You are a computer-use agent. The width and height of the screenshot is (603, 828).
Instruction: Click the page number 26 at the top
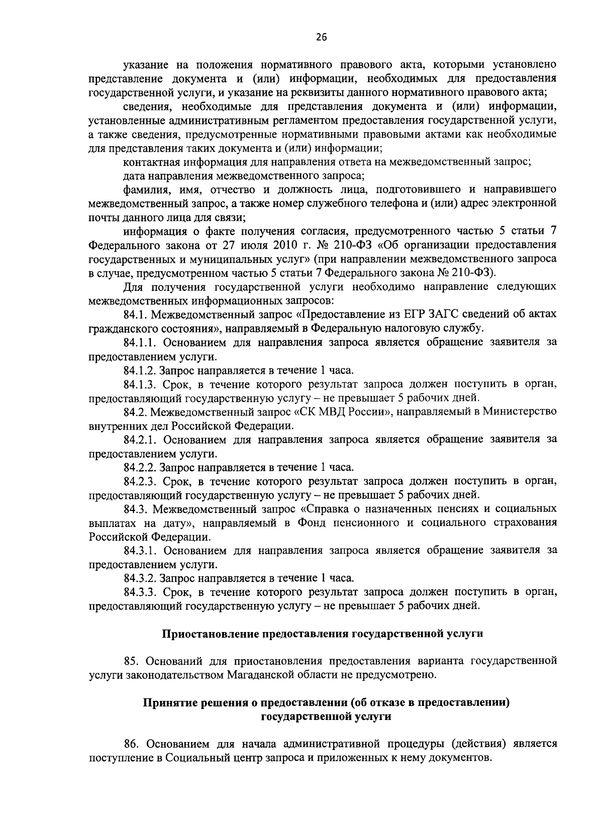(322, 36)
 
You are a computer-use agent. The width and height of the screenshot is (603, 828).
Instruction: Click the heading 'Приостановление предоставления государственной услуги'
(322, 634)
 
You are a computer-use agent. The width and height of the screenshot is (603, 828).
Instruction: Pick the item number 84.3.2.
(141, 578)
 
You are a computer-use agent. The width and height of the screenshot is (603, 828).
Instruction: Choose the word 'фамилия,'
(142, 189)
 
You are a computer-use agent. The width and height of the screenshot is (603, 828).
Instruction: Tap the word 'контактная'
(150, 162)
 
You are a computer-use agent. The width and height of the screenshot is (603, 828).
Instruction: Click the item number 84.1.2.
(141, 370)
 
